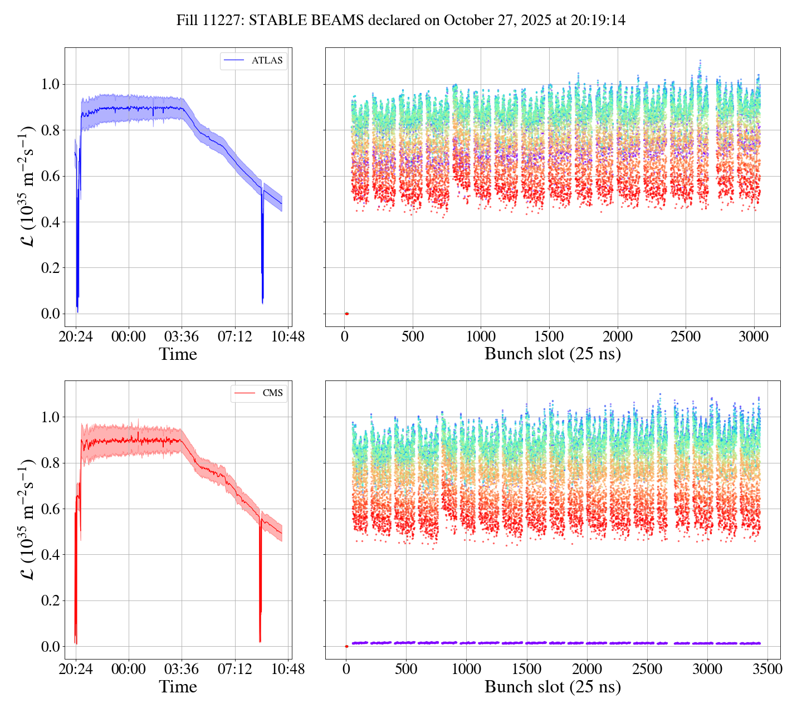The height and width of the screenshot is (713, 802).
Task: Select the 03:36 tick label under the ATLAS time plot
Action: (182, 337)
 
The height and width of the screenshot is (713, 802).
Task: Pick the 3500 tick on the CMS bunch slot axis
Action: (767, 669)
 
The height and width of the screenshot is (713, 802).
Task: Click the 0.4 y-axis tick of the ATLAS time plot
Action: (50, 222)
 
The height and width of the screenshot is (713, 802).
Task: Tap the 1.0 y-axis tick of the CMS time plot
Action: (50, 417)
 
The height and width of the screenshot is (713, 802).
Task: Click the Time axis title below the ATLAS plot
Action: (178, 354)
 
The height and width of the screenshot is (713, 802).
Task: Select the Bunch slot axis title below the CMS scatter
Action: (552, 687)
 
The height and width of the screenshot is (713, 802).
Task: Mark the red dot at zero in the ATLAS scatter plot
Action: (346, 314)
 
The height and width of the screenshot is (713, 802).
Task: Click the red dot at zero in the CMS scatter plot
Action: (346, 646)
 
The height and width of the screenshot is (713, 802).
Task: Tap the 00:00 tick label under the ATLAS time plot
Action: (129, 337)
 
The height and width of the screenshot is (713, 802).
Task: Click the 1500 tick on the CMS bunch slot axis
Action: (526, 669)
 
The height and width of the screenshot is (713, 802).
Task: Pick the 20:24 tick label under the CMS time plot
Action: (76, 669)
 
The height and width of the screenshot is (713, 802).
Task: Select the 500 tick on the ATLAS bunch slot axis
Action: (413, 337)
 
